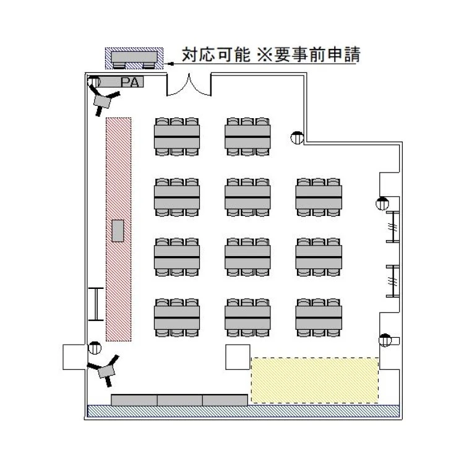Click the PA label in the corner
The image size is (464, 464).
(x=130, y=82)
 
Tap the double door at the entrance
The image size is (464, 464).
(x=189, y=85)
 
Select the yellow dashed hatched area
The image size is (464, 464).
(x=315, y=380)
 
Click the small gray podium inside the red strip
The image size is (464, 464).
(x=118, y=231)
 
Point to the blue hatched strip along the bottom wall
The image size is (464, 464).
(x=244, y=411)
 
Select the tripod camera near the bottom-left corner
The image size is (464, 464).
(x=105, y=371)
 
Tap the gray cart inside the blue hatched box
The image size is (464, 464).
(x=134, y=60)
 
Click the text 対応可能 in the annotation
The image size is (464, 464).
(x=216, y=54)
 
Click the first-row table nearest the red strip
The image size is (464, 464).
(x=177, y=137)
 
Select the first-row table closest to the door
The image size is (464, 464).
(x=247, y=137)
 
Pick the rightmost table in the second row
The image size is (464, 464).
(x=319, y=197)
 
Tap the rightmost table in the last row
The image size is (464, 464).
(x=319, y=317)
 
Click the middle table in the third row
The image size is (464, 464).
(x=247, y=257)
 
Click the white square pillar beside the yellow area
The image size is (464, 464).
(x=238, y=357)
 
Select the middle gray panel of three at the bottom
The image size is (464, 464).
(x=179, y=400)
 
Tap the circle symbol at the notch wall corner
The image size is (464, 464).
(x=297, y=137)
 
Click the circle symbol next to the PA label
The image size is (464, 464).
(x=95, y=82)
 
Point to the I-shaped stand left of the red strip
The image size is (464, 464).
(x=96, y=304)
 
